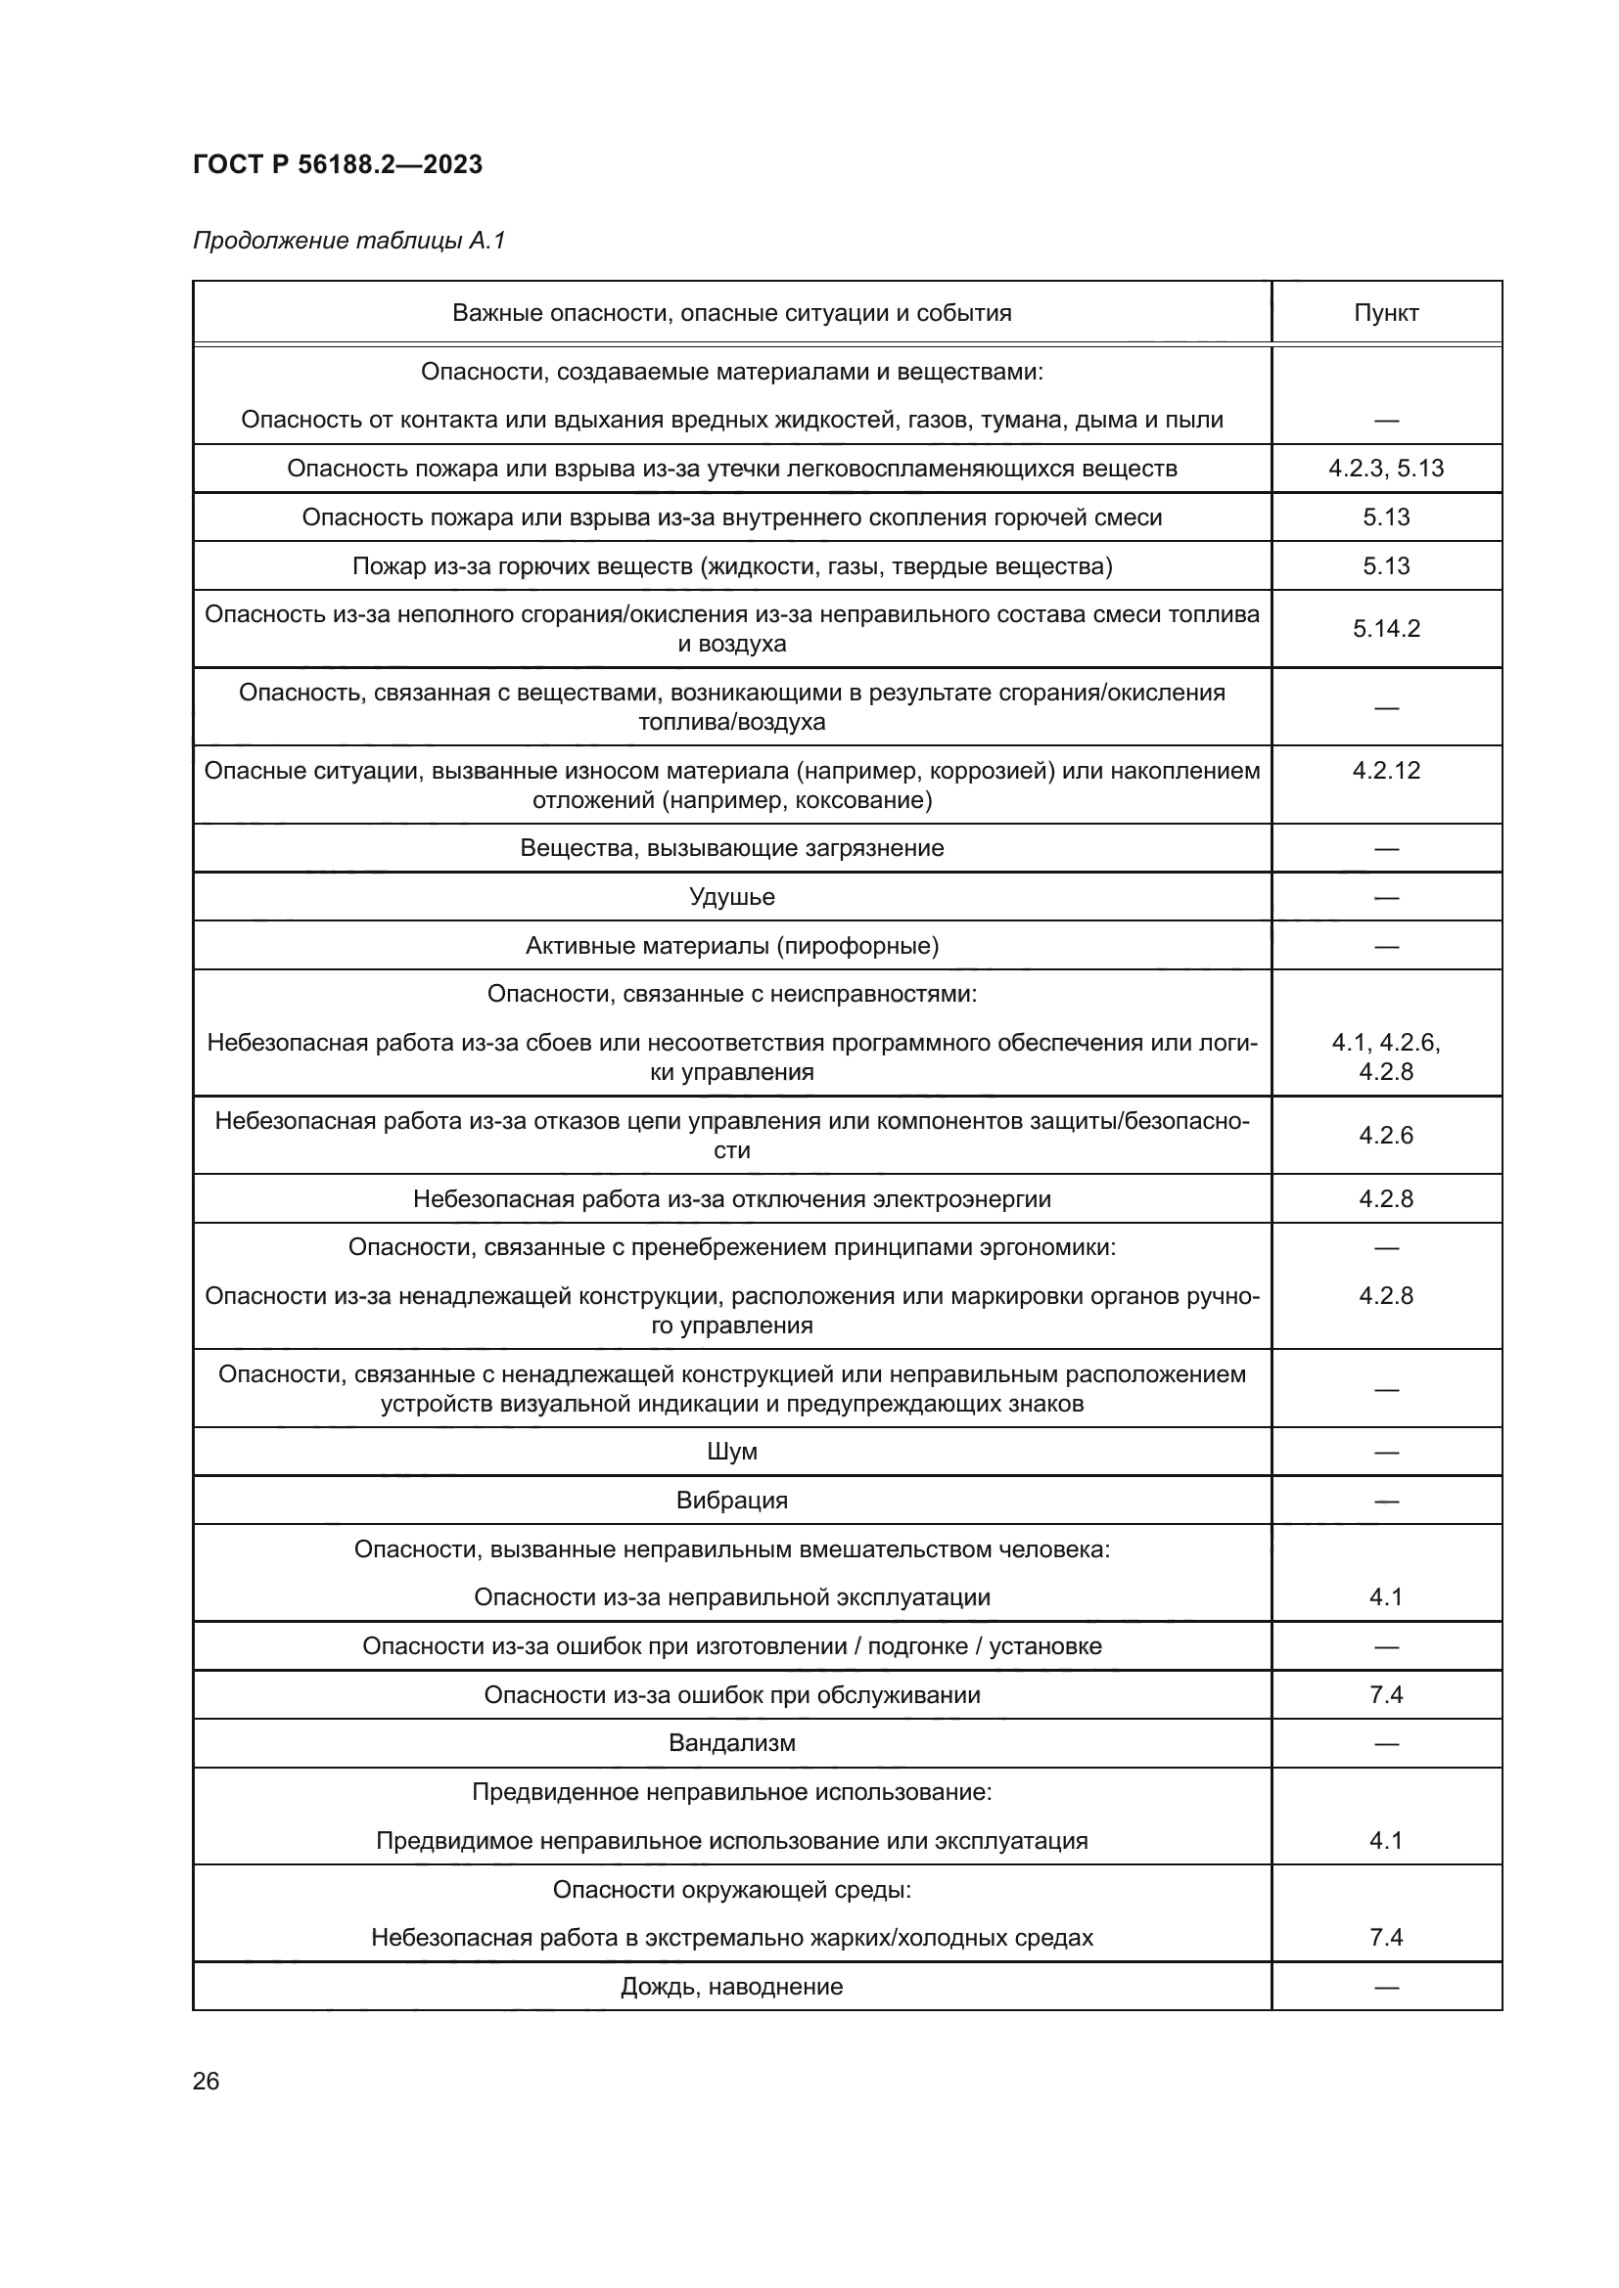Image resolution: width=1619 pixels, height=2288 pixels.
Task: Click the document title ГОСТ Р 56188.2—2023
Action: (x=337, y=164)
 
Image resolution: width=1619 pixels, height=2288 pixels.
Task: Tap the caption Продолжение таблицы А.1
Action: (x=348, y=241)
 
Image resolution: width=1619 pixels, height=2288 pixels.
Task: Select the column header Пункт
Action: (x=1386, y=313)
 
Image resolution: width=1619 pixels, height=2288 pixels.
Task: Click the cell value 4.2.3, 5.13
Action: (x=1386, y=469)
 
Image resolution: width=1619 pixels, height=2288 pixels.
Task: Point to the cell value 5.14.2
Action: (x=1386, y=629)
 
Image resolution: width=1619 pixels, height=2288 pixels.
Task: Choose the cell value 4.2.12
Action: (x=1386, y=770)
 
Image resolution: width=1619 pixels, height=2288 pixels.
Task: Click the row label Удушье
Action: (x=732, y=897)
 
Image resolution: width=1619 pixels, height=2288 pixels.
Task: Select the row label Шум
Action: (x=732, y=1451)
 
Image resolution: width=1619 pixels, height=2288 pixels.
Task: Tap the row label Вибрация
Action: (x=732, y=1500)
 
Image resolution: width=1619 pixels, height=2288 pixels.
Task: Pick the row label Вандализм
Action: (x=732, y=1743)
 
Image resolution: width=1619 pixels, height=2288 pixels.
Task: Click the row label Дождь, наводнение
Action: (x=732, y=1986)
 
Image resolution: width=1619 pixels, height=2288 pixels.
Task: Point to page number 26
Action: (x=206, y=2081)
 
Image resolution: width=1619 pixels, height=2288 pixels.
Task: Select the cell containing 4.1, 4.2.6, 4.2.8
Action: (x=1386, y=1057)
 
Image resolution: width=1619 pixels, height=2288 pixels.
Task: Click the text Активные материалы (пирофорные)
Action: (x=732, y=946)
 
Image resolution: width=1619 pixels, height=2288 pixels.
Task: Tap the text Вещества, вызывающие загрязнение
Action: (x=732, y=848)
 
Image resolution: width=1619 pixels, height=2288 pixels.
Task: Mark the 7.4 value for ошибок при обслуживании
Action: (x=1386, y=1694)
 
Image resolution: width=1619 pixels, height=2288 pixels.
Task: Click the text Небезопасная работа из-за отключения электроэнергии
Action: (x=732, y=1199)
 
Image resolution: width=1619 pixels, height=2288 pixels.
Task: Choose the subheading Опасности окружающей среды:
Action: (x=732, y=1890)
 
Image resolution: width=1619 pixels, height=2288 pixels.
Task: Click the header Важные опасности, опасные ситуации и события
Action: (x=732, y=313)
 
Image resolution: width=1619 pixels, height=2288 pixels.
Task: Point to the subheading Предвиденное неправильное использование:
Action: (x=732, y=1792)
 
